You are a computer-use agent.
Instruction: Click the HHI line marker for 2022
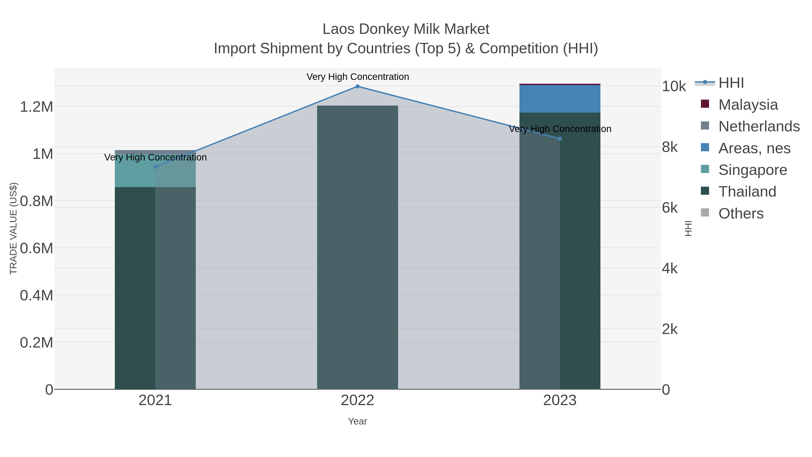358,86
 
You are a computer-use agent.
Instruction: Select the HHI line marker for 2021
155,167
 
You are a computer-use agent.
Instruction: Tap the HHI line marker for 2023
560,139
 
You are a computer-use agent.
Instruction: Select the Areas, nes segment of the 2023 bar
560,99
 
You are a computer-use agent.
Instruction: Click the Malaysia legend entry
748,105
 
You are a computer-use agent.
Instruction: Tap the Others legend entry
740,213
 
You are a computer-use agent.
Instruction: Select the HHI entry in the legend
731,83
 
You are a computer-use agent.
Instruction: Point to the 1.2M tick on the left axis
37,107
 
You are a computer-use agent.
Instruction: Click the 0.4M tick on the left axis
37,295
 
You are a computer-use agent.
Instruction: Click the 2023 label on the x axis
560,401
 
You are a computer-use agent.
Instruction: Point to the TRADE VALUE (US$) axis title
14,228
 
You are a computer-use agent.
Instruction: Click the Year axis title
358,421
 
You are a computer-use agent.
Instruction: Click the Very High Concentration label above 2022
358,77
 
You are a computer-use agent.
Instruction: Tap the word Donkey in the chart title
384,29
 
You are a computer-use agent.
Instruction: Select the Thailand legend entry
747,192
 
